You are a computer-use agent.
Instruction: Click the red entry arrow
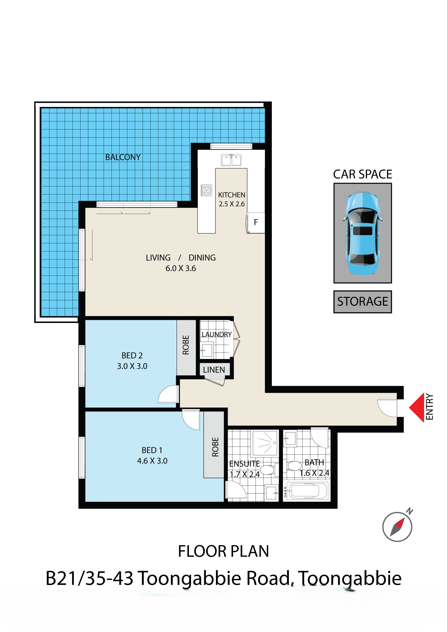(x=417, y=408)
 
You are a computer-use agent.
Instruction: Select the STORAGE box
(x=363, y=302)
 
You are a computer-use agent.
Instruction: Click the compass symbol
(x=397, y=526)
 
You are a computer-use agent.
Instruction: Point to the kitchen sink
(x=231, y=160)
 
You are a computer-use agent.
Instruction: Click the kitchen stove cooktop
(x=206, y=190)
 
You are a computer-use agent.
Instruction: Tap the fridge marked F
(x=256, y=222)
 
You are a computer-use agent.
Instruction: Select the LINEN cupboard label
(x=214, y=370)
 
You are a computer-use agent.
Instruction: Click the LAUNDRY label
(x=217, y=334)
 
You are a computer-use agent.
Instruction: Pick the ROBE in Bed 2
(x=186, y=345)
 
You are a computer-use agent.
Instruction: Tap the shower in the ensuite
(x=265, y=443)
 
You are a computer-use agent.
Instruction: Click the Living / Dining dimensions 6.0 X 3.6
(x=181, y=268)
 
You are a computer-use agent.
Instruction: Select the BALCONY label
(x=123, y=157)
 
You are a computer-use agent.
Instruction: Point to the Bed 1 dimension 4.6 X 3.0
(x=152, y=461)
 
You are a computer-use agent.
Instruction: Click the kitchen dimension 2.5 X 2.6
(x=232, y=204)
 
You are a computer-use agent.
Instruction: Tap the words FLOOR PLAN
(x=223, y=551)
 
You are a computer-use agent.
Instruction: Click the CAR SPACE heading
(x=363, y=174)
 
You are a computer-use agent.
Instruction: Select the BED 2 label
(x=132, y=355)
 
